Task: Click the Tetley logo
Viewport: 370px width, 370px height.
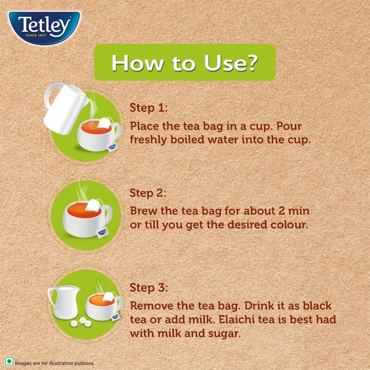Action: pyautogui.click(x=44, y=28)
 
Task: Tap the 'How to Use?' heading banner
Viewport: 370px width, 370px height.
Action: pyautogui.click(x=185, y=62)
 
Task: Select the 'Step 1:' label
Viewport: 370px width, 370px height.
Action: pyautogui.click(x=148, y=108)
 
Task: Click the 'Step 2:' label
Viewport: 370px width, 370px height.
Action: pyautogui.click(x=148, y=193)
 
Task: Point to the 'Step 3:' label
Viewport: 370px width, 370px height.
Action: pyautogui.click(x=149, y=288)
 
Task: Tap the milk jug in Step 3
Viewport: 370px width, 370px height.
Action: pyautogui.click(x=63, y=302)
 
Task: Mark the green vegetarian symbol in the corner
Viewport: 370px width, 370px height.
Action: pyautogui.click(x=9, y=361)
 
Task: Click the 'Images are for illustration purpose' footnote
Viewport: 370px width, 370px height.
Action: pyautogui.click(x=54, y=363)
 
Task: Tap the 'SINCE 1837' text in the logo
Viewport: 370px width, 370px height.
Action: pyautogui.click(x=36, y=35)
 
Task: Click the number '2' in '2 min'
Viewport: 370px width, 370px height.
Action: pyautogui.click(x=282, y=211)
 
